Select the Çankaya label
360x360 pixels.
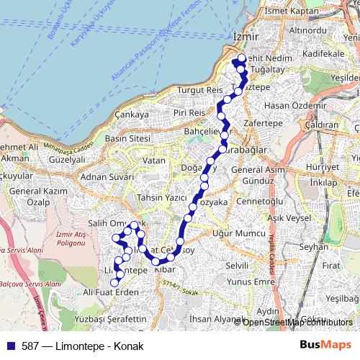(131, 114)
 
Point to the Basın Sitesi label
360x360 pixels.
(127, 138)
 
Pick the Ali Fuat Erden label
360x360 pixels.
(110, 292)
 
